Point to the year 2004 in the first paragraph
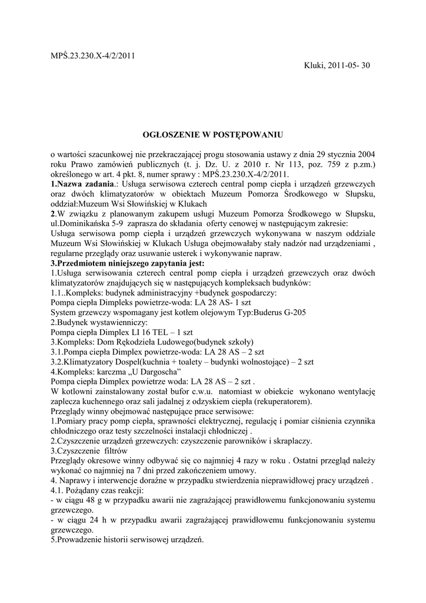point(365,155)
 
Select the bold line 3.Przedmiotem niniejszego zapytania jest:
point(127,264)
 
